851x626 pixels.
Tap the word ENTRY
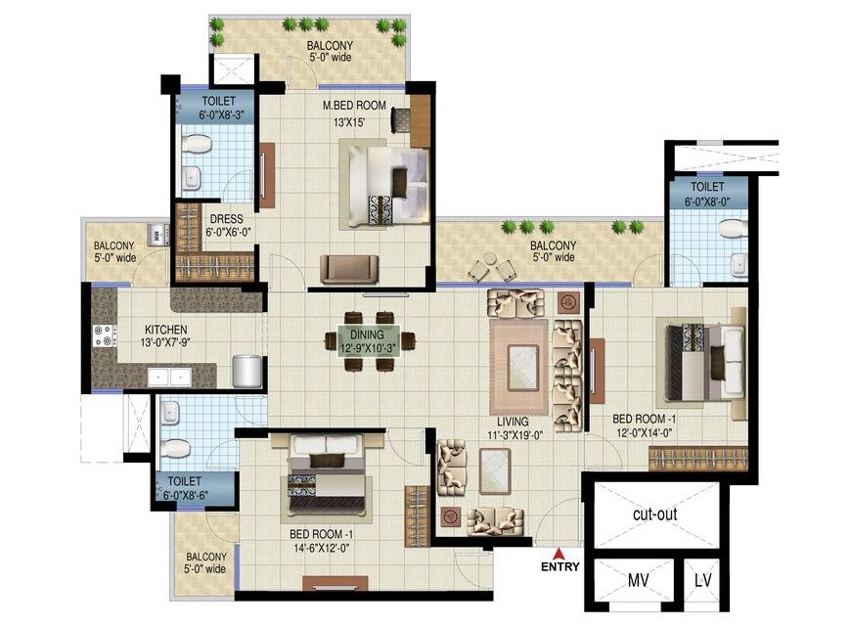560,566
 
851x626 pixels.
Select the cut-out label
654,514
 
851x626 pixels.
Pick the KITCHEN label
166,330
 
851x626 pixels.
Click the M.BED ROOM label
354,105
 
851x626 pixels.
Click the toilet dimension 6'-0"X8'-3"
214,113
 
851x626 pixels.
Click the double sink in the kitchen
170,376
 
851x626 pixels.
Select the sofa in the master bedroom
349,268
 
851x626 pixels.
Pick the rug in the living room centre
518,352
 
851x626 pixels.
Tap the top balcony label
330,46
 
